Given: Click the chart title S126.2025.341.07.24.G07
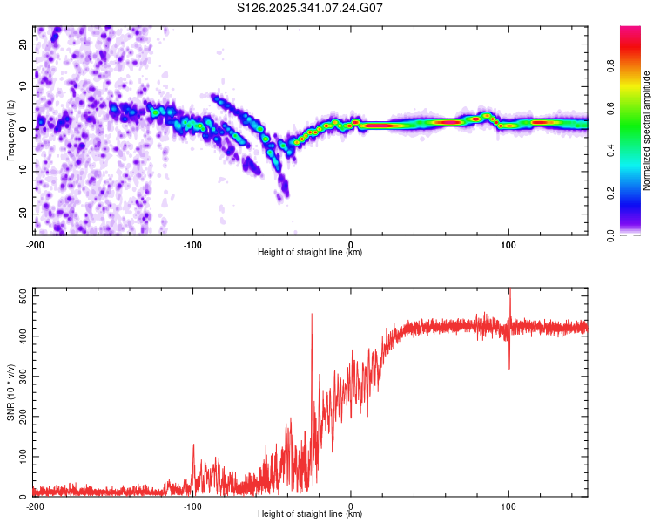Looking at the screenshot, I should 311,8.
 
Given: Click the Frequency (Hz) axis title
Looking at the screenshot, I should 10,130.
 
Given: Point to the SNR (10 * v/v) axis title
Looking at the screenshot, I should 10,391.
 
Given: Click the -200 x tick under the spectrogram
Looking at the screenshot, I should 34,244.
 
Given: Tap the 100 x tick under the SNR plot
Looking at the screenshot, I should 508,506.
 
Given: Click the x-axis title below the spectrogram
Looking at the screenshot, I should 310,253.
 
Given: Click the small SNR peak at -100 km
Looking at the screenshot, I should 193,446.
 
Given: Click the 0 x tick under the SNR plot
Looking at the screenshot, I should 351,506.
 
